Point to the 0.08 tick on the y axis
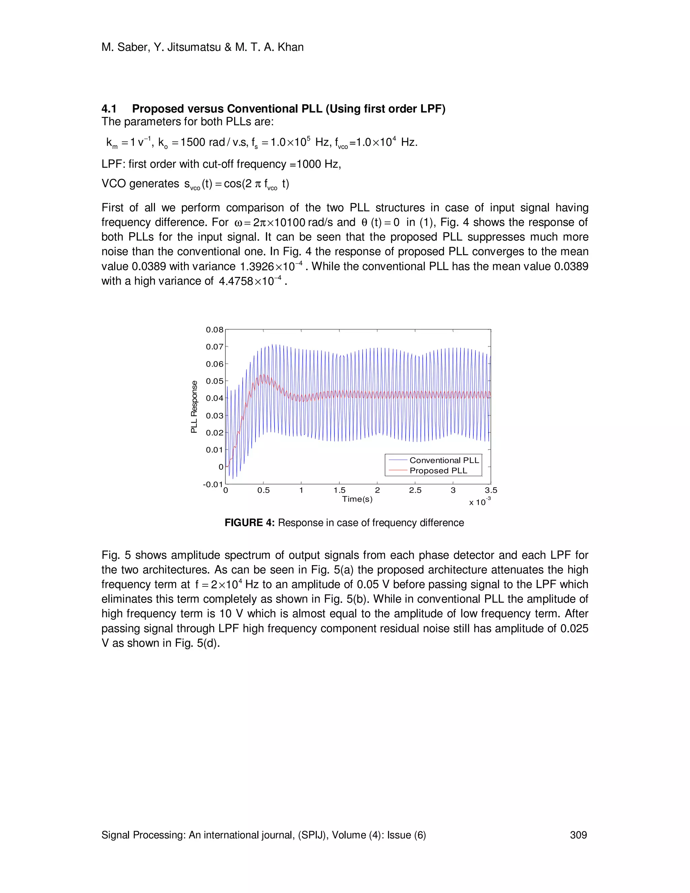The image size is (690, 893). (215, 330)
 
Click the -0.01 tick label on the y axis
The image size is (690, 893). (213, 485)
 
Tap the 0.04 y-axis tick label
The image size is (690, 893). (215, 398)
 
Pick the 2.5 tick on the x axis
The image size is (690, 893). (415, 490)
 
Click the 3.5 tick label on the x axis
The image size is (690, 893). (491, 490)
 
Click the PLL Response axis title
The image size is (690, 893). (194, 407)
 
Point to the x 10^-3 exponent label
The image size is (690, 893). (480, 502)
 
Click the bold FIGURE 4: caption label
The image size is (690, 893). (249, 523)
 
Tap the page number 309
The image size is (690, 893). (578, 835)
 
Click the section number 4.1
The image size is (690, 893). (109, 109)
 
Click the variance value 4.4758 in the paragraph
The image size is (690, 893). (236, 281)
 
